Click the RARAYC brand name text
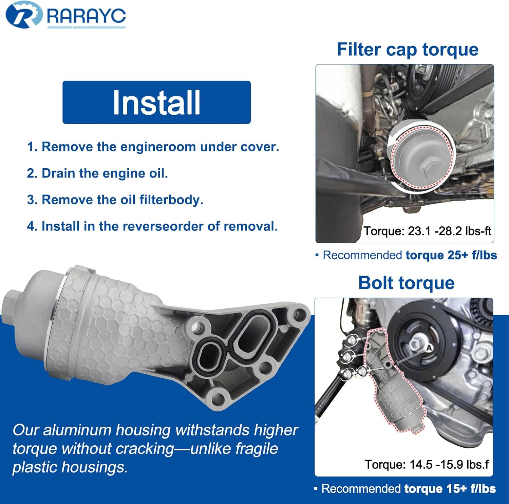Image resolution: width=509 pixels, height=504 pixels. pos(86,16)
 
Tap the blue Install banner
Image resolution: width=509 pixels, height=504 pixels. pos(156,102)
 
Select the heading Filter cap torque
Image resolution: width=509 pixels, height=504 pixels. pos(408,50)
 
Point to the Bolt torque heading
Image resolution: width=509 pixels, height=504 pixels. pos(406,283)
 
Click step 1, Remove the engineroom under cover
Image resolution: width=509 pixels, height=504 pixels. pos(153,147)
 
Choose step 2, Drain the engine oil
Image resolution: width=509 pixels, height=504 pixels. pos(97,173)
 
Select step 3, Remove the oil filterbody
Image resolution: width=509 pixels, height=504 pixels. pos(115,200)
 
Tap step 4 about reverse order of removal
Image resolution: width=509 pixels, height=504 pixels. pos(152,226)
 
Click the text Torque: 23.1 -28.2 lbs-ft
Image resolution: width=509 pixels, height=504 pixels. pos(427,231)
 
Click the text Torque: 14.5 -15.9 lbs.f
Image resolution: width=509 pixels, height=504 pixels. pos(427,464)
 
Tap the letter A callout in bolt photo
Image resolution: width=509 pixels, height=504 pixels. pos(429,348)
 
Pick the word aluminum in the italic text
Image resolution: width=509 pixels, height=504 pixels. pos(79,430)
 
